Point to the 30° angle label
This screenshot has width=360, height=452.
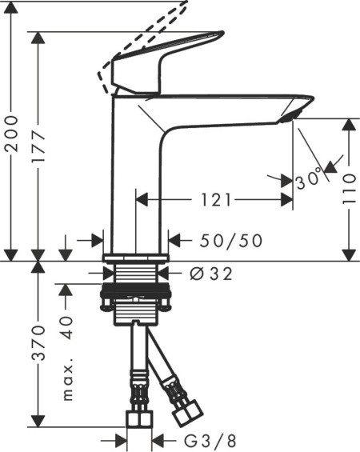click(x=309, y=178)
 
